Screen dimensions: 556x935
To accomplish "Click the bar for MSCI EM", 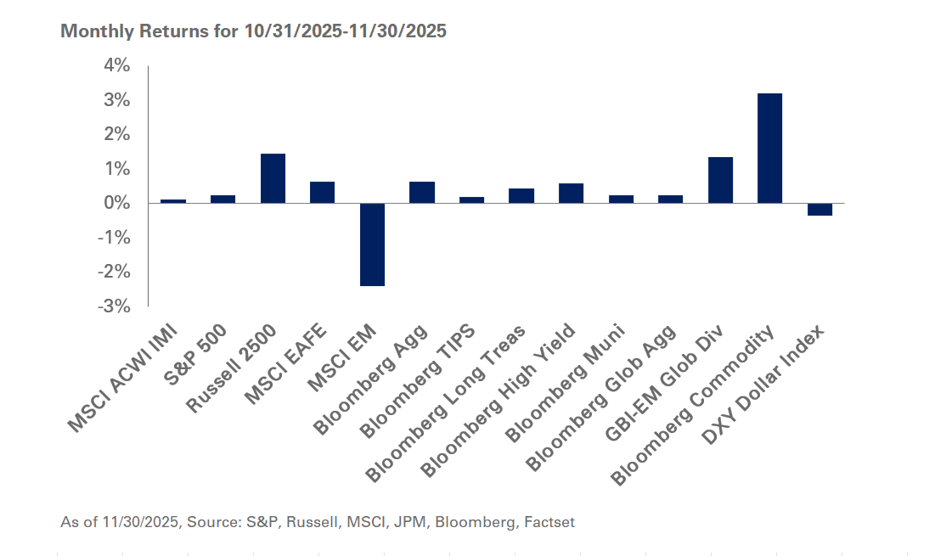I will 372,244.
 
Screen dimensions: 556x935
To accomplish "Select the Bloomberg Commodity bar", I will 769,149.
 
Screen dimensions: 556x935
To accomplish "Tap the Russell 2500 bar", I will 273,178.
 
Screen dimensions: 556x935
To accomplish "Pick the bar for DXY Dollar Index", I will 820,210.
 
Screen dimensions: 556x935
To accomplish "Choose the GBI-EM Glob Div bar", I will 720,180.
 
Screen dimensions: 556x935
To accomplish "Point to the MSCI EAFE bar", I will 322,193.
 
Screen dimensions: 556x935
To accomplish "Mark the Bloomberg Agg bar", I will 422,193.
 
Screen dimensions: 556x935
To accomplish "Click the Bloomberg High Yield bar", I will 571,194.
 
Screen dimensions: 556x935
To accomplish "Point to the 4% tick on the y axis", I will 117,66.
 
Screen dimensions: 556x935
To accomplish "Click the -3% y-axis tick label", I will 115,306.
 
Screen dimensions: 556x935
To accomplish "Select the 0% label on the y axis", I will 117,204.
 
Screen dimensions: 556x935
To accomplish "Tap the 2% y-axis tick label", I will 117,135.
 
